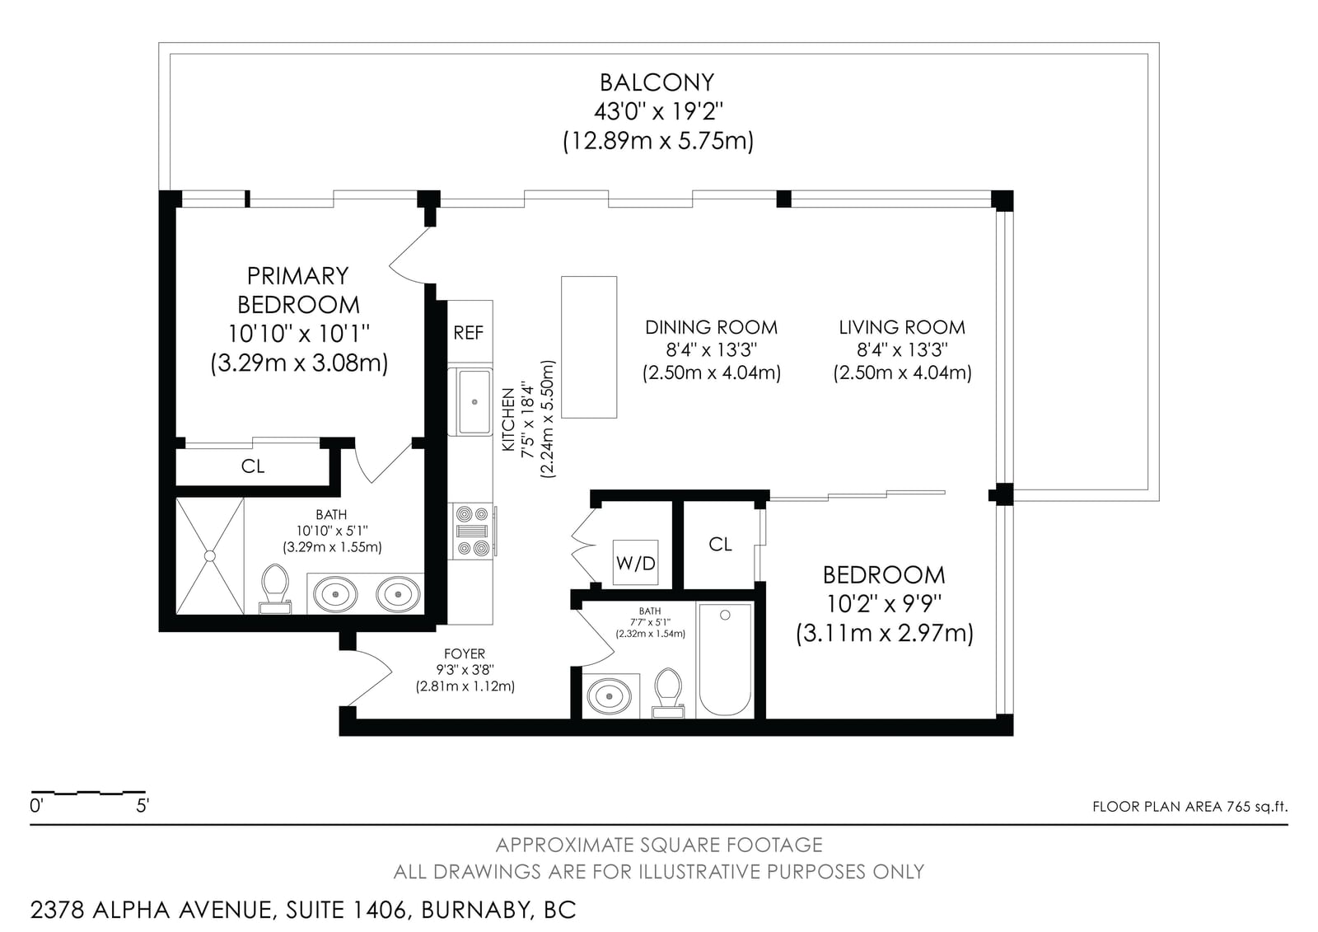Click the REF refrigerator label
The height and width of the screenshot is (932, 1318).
(x=469, y=333)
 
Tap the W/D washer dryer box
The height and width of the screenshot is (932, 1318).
(x=635, y=562)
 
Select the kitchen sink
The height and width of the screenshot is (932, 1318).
(x=474, y=402)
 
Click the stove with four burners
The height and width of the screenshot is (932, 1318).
(x=473, y=531)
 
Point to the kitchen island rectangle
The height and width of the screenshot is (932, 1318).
(x=589, y=348)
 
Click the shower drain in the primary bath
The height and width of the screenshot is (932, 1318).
(x=210, y=555)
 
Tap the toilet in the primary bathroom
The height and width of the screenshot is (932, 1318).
(x=275, y=588)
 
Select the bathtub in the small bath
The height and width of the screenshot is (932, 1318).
(x=725, y=659)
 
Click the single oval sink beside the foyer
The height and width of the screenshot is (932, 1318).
(x=610, y=696)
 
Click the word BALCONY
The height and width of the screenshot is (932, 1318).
(x=657, y=82)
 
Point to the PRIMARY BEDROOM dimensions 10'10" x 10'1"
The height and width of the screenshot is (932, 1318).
(x=299, y=334)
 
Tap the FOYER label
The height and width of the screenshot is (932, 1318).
(x=465, y=653)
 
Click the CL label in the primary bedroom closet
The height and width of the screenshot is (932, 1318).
(x=253, y=466)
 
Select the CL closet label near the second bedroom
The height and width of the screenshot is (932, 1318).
(x=720, y=544)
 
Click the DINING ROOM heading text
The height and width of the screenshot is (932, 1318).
(x=712, y=327)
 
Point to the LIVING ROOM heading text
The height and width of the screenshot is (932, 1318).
(x=902, y=327)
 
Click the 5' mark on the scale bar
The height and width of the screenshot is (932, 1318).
(x=143, y=805)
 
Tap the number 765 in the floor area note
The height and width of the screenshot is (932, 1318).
(x=1238, y=807)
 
